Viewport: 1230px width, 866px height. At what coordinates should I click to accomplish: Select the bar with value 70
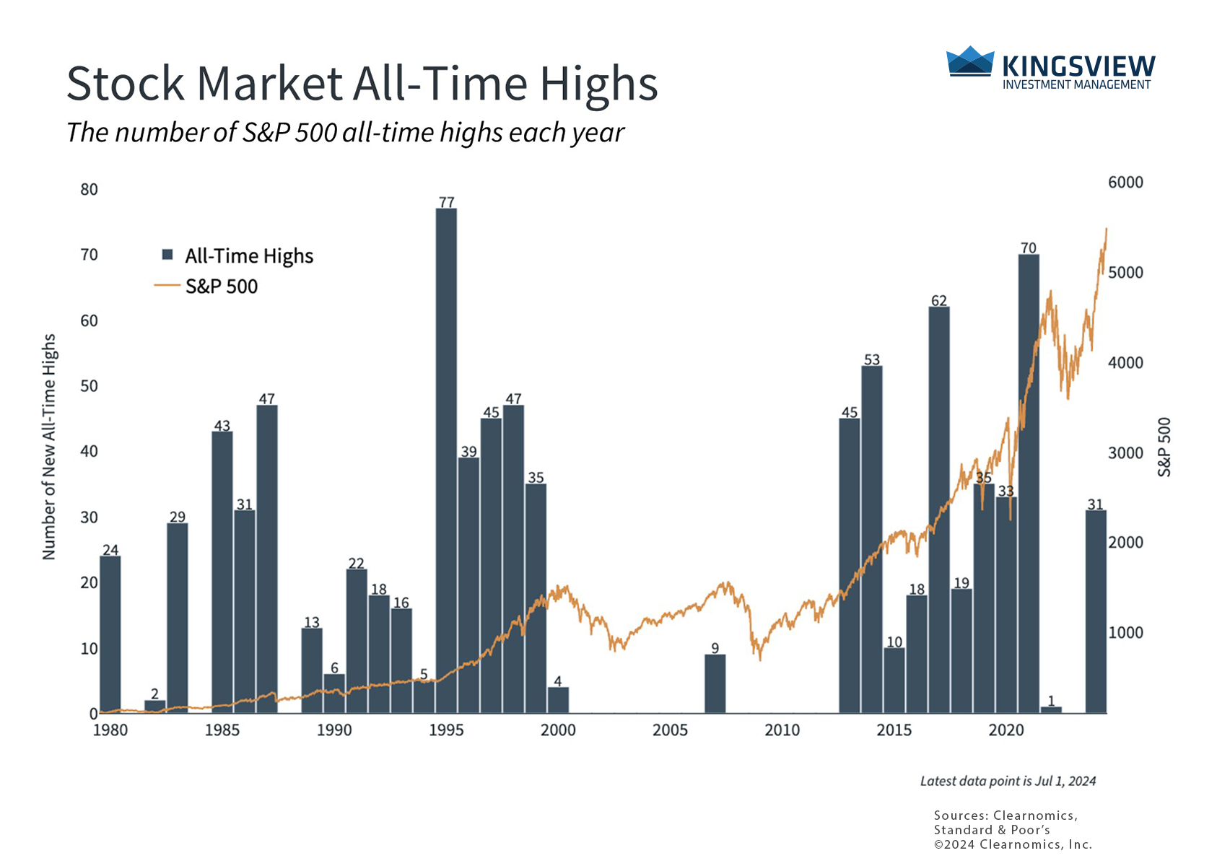pos(1029,484)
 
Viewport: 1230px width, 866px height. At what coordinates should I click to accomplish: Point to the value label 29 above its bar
pos(178,517)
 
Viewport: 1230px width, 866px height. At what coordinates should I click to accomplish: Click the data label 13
pos(312,622)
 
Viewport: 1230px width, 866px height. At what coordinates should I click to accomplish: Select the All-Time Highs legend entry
pos(238,256)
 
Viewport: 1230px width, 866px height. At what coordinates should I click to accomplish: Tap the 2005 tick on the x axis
pos(671,730)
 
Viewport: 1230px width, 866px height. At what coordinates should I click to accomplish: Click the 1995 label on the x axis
pos(446,730)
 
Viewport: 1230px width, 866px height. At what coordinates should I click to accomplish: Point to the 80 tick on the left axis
pos(90,190)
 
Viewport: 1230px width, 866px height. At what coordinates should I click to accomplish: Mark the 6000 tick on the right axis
pos(1125,183)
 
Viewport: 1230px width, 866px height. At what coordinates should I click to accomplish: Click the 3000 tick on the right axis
pos(1125,453)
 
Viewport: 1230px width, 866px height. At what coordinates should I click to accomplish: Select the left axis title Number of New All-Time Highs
pos(49,446)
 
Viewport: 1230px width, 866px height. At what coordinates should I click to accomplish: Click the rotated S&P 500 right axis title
pos(1164,447)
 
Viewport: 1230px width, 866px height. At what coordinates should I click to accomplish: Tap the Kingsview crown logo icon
pos(970,62)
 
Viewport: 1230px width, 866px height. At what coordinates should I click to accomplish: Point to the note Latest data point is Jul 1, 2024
pos(1008,781)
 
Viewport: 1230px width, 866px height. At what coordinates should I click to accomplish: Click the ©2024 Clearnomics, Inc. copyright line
pos(1013,844)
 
